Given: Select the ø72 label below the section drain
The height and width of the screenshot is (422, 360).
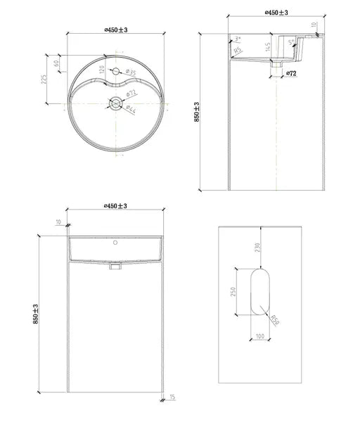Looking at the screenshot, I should click(x=292, y=73).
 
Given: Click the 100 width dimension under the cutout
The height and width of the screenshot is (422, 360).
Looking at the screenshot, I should click(x=260, y=336).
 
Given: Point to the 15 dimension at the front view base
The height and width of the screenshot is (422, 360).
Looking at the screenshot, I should click(x=172, y=399).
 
